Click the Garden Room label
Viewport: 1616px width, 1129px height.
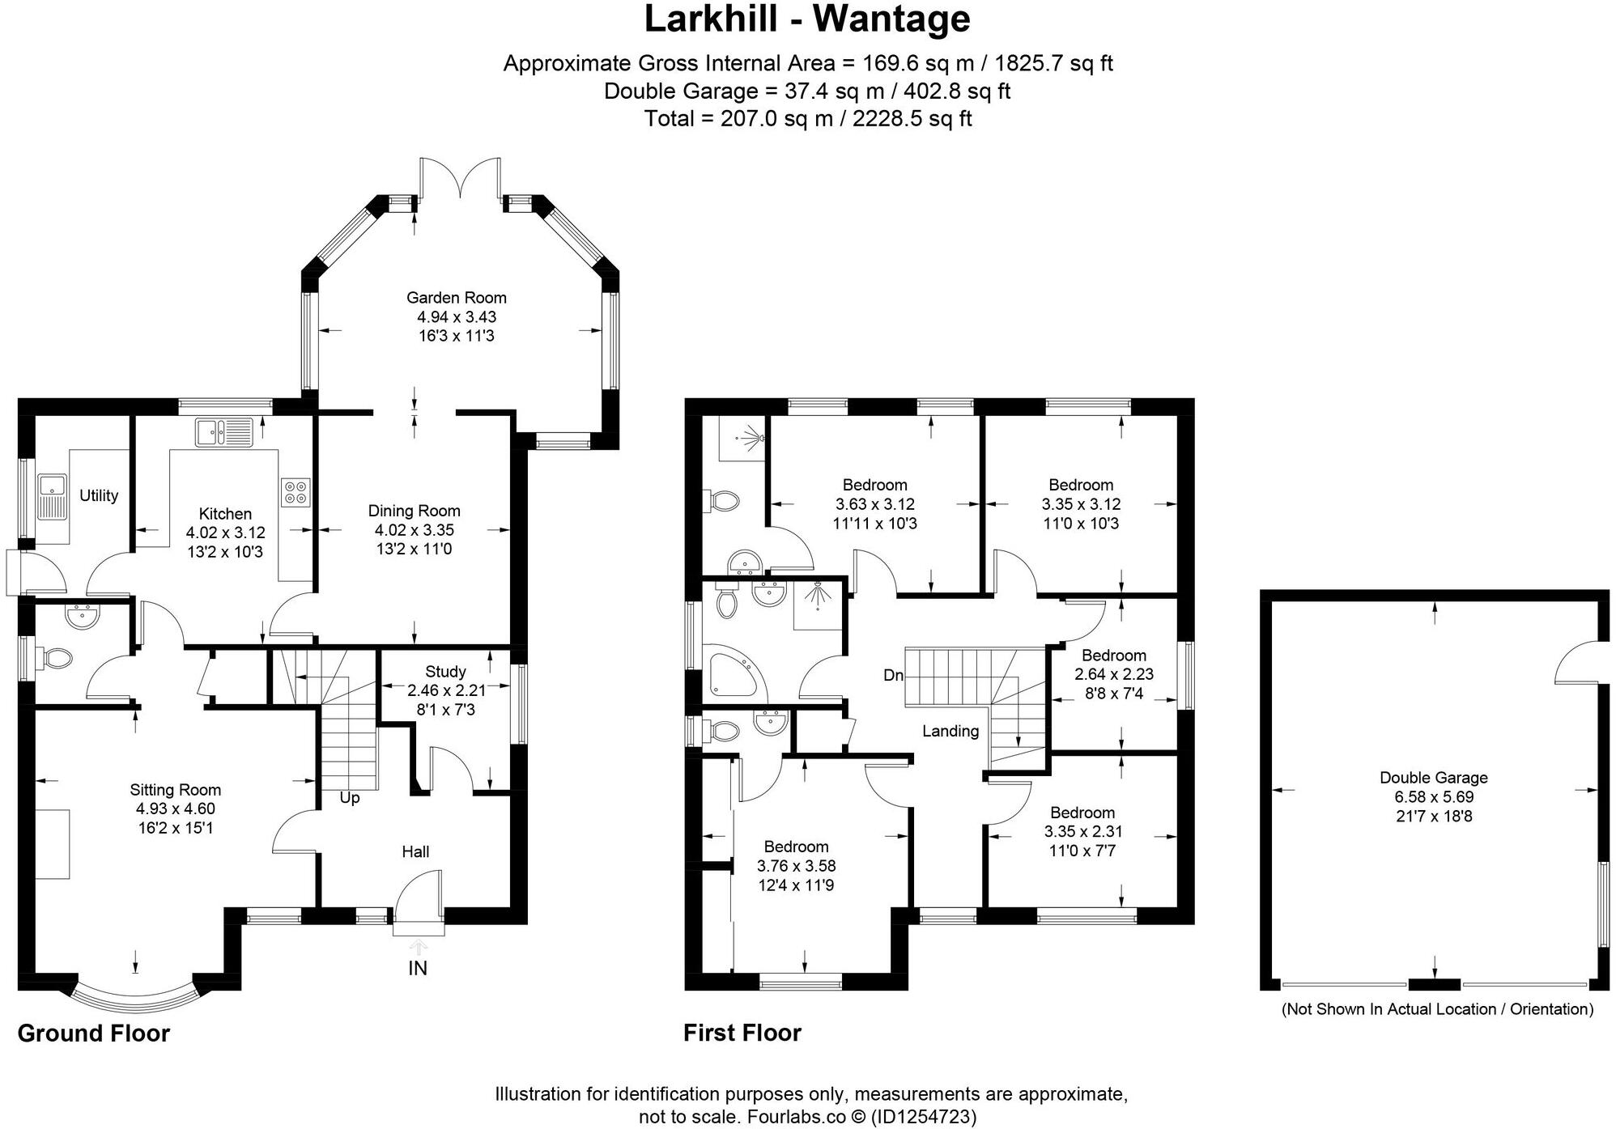(x=456, y=298)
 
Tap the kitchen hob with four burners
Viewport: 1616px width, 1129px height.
(x=296, y=493)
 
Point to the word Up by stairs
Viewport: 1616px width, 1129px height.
(x=349, y=798)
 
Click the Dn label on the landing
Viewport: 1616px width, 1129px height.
(x=893, y=675)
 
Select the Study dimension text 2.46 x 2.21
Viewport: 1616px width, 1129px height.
(x=445, y=690)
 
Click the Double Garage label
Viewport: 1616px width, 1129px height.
(x=1433, y=778)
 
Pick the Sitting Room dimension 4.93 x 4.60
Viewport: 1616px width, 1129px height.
(x=175, y=809)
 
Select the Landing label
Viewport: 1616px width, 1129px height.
(x=950, y=731)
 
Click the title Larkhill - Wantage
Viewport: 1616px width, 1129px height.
(x=806, y=19)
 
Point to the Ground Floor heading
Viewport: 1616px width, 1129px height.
(x=93, y=1034)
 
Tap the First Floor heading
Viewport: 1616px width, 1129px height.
(x=742, y=1033)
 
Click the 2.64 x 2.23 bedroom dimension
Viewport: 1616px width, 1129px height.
(x=1113, y=674)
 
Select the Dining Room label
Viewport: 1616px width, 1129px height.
(x=414, y=511)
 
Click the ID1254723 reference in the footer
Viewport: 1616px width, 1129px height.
(x=923, y=1117)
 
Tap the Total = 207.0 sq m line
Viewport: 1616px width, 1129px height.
(x=807, y=119)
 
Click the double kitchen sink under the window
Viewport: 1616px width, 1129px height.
(x=223, y=431)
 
